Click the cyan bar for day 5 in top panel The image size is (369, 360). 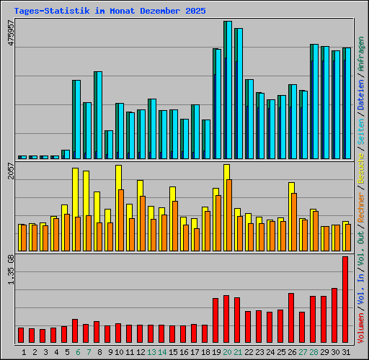(x=66, y=154)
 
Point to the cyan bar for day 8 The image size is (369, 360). (x=98, y=115)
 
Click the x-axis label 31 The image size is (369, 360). (x=346, y=351)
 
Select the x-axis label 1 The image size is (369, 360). (x=24, y=351)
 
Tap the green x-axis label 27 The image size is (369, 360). (x=303, y=351)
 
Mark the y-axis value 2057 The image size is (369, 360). (x=10, y=171)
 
